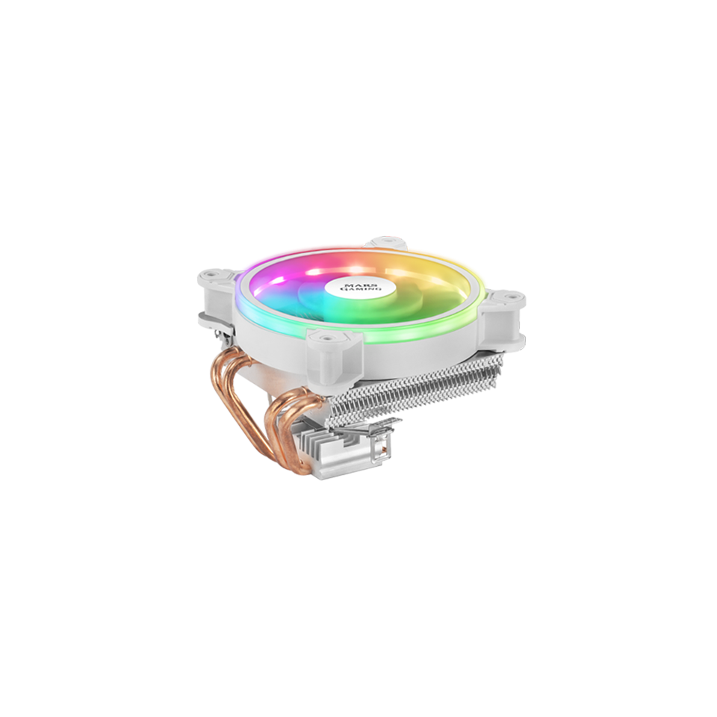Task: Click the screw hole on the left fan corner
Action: click(x=211, y=276)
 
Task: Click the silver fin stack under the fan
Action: click(x=418, y=392)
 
